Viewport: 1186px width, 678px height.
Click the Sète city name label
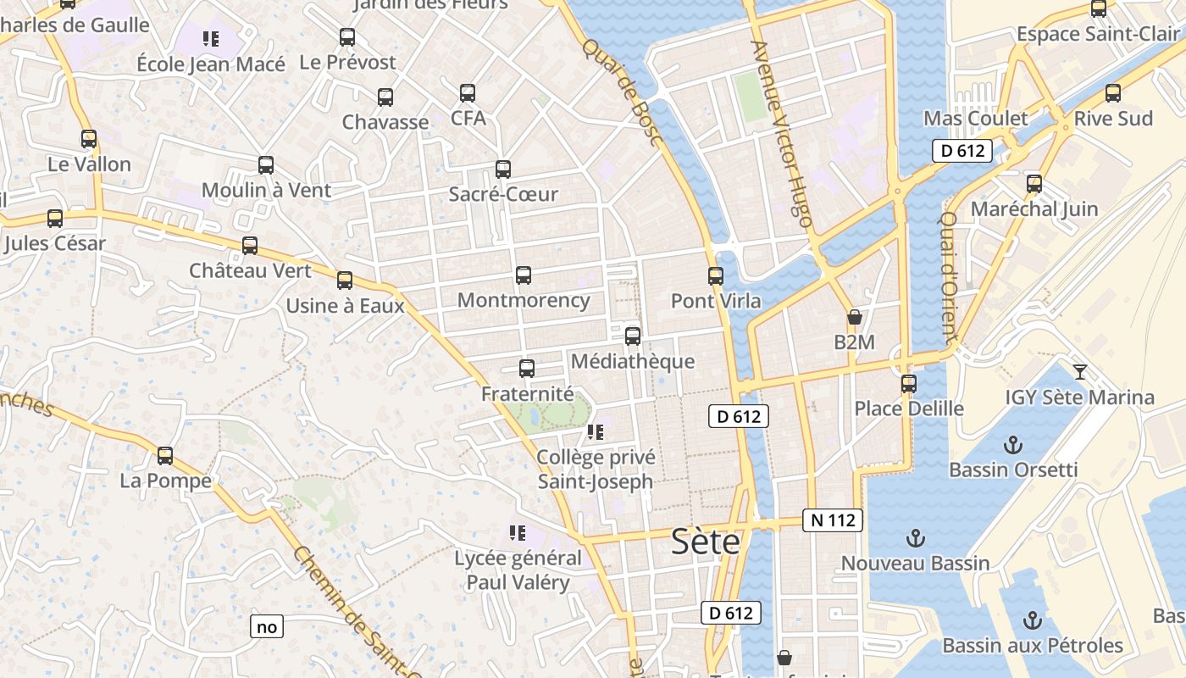(x=706, y=542)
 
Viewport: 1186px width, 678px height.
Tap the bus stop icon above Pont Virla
(x=716, y=275)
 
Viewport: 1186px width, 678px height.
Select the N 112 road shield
(x=832, y=520)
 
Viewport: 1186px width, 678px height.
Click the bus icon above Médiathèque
(x=633, y=336)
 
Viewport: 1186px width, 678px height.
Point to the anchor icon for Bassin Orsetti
(x=1012, y=445)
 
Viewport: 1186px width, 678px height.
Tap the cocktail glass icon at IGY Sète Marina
(x=1080, y=371)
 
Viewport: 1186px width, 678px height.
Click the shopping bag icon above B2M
(x=855, y=318)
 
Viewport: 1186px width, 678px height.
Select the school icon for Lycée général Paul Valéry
(x=518, y=533)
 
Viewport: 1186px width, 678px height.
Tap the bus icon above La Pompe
(x=165, y=456)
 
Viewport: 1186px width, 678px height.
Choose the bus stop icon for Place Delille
(x=909, y=384)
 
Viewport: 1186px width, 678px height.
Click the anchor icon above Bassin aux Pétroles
(x=1032, y=620)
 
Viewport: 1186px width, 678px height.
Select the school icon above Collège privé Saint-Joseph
(x=596, y=432)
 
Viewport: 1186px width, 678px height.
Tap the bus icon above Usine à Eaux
(x=345, y=281)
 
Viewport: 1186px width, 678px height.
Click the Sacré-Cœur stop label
(x=503, y=194)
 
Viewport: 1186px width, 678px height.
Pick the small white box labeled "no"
(x=267, y=627)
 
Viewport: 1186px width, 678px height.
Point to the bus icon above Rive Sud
(x=1113, y=93)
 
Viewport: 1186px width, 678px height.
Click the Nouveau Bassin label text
(x=915, y=563)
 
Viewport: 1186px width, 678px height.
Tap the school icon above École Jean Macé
(x=211, y=38)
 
